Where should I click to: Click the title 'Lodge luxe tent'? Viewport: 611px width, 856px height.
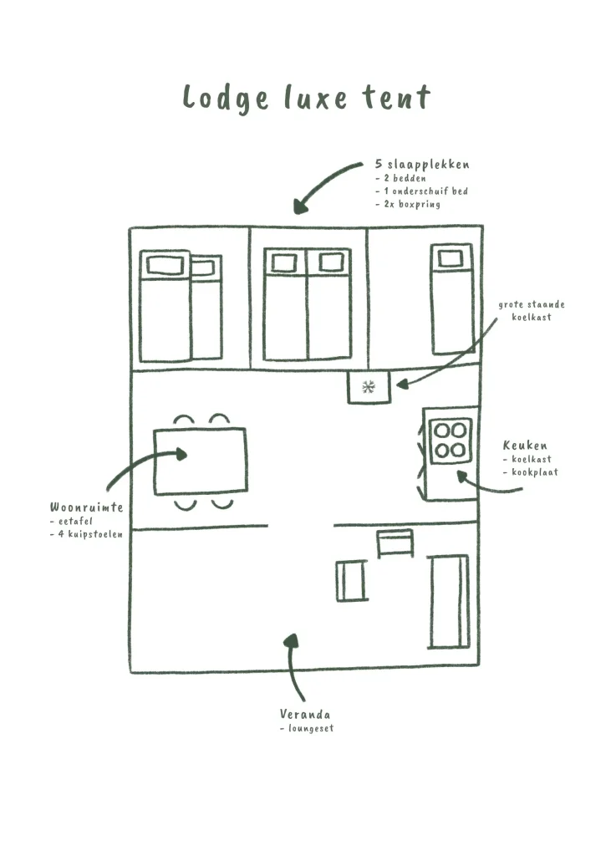point(306,97)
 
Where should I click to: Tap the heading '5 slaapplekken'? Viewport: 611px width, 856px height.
point(422,165)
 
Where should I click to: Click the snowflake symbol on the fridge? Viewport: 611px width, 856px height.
point(369,386)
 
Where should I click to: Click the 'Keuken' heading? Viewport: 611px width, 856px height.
point(525,446)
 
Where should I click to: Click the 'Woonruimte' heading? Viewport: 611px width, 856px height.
point(87,507)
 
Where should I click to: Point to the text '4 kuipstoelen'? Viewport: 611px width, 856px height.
point(90,533)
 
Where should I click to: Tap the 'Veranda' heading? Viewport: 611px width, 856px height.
point(305,715)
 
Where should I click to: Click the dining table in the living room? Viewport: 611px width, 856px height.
point(201,461)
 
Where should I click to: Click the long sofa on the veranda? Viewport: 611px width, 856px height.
point(449,600)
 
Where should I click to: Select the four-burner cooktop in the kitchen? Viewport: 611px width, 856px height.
point(451,441)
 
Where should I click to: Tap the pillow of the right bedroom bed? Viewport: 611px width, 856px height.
point(451,258)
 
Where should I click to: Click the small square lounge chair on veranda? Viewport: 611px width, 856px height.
point(351,580)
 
